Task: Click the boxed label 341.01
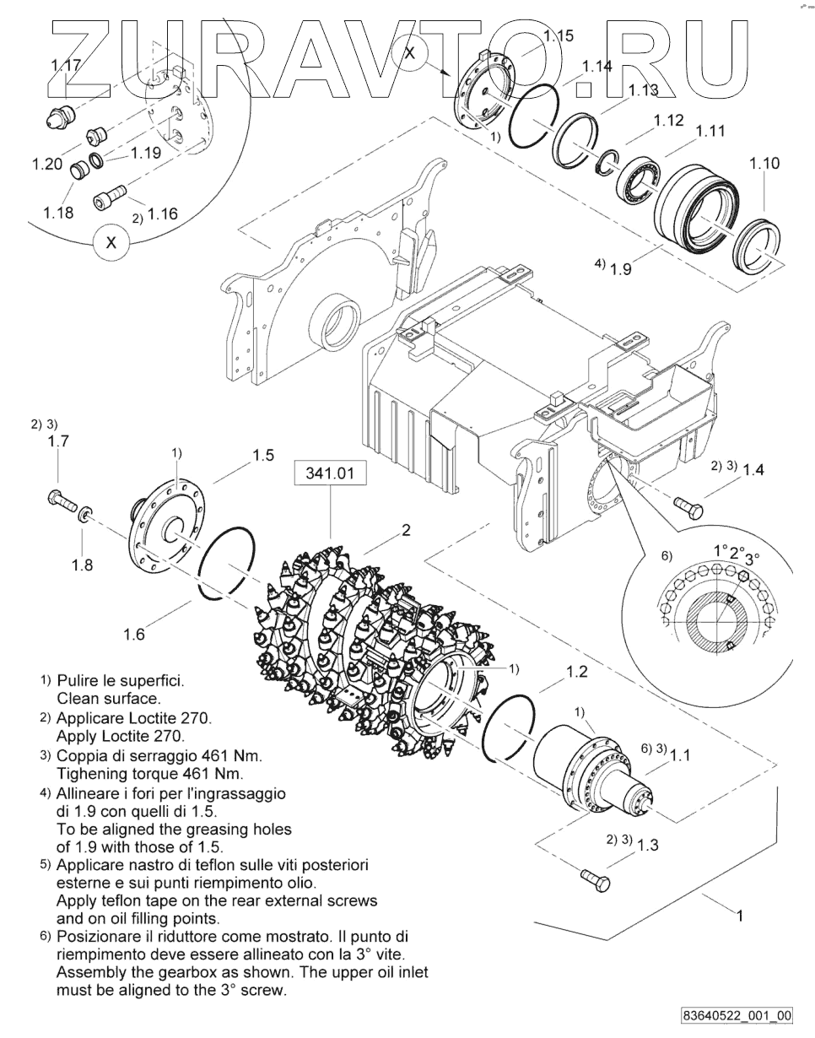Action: coord(330,473)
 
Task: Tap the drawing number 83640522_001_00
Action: coord(739,1015)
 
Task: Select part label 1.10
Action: coord(765,164)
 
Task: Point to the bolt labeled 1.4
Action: coord(688,507)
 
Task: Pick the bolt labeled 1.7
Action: coord(62,500)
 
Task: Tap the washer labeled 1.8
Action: coord(85,514)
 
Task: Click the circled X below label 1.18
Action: coord(111,243)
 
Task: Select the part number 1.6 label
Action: coord(134,635)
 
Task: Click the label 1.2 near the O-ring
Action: coord(577,673)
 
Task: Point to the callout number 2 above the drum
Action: coord(406,530)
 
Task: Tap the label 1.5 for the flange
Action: coord(263,456)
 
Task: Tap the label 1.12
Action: coord(668,120)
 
